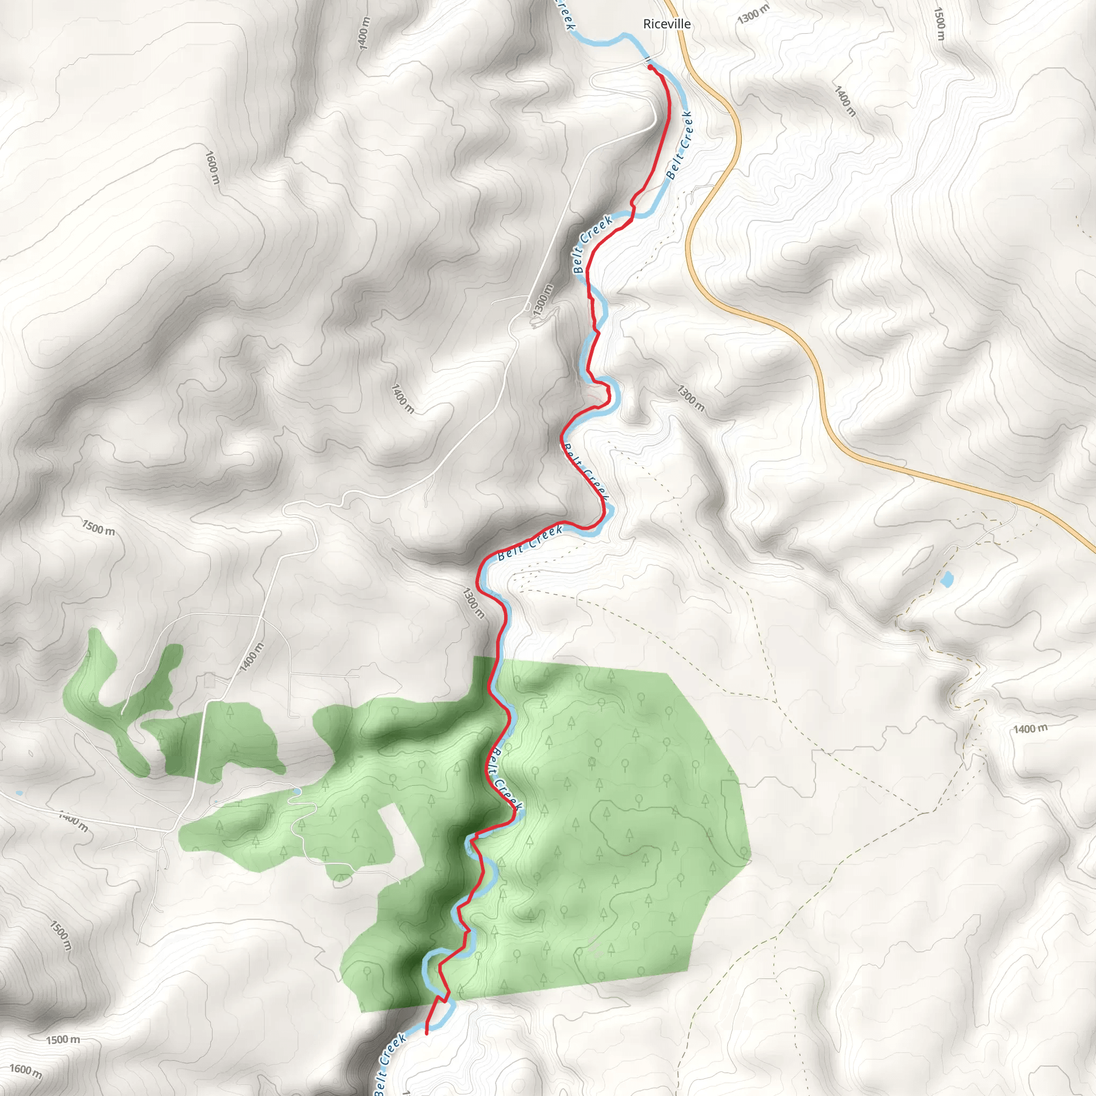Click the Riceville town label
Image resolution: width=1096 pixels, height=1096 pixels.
click(667, 24)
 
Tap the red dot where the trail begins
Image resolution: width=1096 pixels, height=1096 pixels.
click(650, 67)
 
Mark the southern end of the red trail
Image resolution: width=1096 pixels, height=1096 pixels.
click(426, 1033)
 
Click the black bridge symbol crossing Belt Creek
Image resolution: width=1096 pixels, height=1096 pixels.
click(646, 58)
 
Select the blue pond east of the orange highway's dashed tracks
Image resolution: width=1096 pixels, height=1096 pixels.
click(946, 580)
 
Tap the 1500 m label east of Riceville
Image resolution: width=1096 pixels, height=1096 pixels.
click(939, 24)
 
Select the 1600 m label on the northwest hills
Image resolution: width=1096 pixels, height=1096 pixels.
click(211, 168)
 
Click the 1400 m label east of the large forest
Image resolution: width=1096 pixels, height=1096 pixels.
click(1030, 728)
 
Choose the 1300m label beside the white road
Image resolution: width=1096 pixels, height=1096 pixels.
click(542, 301)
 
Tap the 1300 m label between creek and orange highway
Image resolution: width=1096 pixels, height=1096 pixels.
click(690, 398)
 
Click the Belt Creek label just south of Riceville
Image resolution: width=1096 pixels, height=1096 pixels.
click(680, 145)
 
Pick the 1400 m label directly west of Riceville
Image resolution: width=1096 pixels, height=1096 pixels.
click(364, 33)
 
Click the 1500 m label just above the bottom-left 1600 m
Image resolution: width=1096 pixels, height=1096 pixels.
click(63, 1040)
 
